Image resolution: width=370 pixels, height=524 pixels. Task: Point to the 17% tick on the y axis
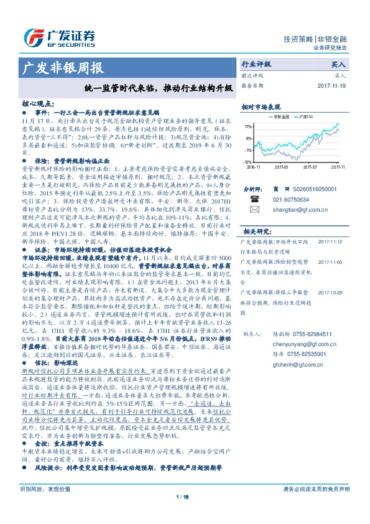(x=249, y=126)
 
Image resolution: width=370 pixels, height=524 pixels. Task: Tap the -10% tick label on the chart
(x=248, y=162)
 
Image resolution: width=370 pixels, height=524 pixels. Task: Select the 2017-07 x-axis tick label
(x=310, y=167)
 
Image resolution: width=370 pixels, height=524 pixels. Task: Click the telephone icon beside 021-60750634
(x=254, y=199)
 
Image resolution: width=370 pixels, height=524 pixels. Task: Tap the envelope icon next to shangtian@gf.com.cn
(x=254, y=210)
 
